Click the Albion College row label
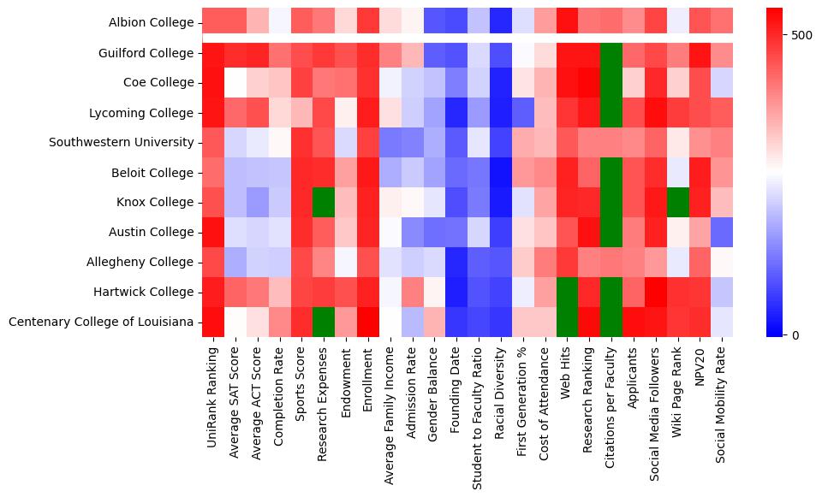coord(152,22)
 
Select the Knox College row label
coord(156,202)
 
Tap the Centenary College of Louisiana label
coord(101,322)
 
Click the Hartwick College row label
coord(146,292)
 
